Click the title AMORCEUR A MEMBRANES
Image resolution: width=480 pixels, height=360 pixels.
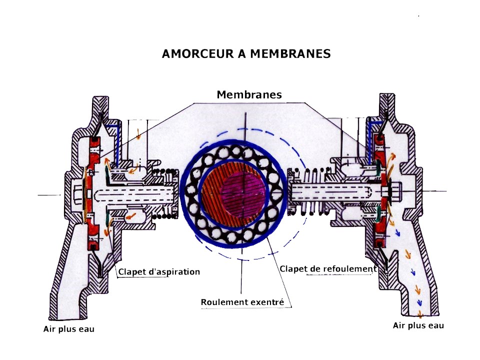click(x=246, y=54)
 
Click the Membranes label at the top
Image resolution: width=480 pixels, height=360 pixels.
click(x=249, y=94)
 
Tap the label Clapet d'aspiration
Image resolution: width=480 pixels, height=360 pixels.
click(x=159, y=272)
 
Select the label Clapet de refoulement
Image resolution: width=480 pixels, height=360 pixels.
click(x=327, y=269)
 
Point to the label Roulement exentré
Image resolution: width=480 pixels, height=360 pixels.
click(x=242, y=302)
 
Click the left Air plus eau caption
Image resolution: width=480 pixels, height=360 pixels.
click(x=68, y=329)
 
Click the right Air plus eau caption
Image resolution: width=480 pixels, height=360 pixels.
click(x=418, y=325)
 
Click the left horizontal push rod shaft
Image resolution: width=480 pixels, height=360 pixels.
click(x=135, y=193)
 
